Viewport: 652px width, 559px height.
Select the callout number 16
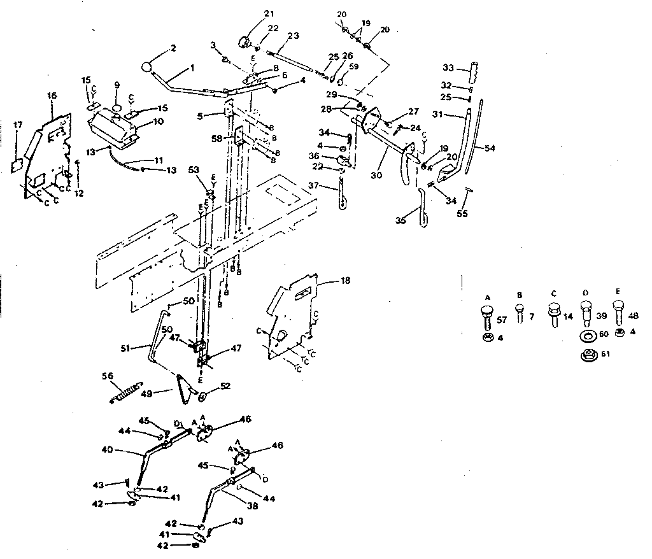52,96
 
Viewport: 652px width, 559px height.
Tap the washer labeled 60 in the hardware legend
587,335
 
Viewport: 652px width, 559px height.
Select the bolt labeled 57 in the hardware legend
486,314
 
